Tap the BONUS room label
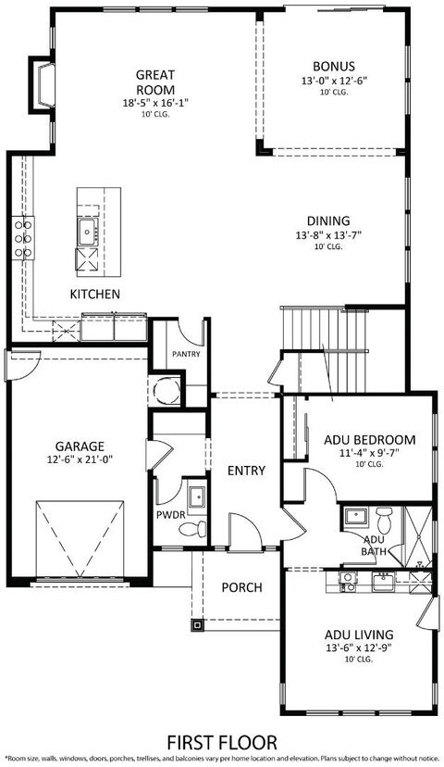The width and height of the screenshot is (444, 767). coord(328,66)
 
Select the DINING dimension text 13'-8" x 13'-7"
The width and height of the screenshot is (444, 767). coord(328,234)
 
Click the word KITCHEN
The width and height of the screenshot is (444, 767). coord(95,294)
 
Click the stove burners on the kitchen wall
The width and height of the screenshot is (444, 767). coord(22,238)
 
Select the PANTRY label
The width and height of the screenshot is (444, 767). coord(187,354)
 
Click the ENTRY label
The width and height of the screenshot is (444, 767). coord(246,471)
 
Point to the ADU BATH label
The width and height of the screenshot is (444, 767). coord(375,546)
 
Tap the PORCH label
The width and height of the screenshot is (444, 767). coord(241,587)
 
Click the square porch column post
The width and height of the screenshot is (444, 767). coord(197,624)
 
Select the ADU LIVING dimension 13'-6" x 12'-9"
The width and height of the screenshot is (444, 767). coord(358,648)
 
